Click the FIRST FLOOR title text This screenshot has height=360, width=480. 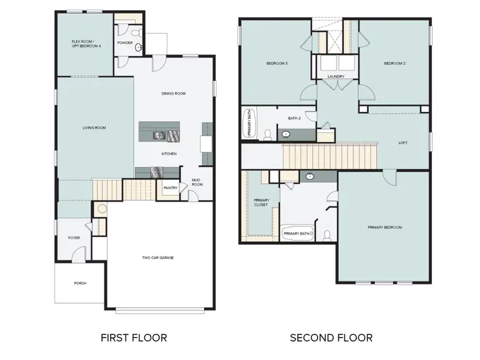tap(134, 338)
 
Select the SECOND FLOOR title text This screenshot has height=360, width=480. tap(331, 338)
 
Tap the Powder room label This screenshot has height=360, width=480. tap(125, 43)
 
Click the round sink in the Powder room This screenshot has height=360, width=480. tap(138, 47)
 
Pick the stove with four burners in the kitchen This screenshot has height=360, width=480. tap(156, 172)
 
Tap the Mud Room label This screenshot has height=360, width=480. tap(196, 181)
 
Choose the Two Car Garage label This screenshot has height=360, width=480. tap(158, 258)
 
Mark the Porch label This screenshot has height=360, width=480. tap(80, 283)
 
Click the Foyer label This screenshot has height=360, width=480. tap(74, 238)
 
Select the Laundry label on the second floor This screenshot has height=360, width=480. tap(335, 77)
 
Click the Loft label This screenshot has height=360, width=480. tap(403, 143)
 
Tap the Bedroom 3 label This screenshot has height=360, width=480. tap(277, 63)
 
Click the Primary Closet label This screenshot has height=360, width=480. tap(262, 202)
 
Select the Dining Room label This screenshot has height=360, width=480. tap(173, 94)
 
